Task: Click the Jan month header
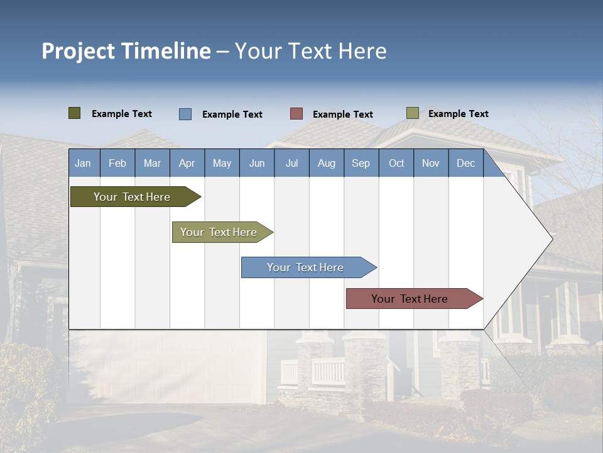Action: click(84, 163)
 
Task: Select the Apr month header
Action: click(187, 163)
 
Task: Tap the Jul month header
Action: click(291, 163)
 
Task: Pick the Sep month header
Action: click(361, 163)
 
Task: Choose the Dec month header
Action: click(465, 163)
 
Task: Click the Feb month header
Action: click(117, 163)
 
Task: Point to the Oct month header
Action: click(396, 163)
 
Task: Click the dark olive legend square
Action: click(75, 113)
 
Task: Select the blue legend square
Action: click(185, 114)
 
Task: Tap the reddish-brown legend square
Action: click(296, 114)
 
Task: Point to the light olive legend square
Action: click(413, 113)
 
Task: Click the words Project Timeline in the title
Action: click(126, 51)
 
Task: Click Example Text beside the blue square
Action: click(232, 115)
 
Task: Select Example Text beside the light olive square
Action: click(459, 114)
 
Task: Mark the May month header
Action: click(222, 163)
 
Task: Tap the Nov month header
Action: click(431, 163)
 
